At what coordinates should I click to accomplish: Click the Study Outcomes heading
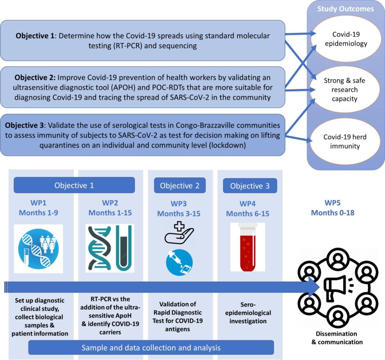tap(346, 9)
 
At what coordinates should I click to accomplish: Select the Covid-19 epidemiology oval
tap(346, 39)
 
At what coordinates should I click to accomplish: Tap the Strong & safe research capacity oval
tap(344, 89)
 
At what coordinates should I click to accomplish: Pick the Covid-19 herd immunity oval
tap(345, 141)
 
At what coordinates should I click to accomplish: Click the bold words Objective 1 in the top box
tap(35, 36)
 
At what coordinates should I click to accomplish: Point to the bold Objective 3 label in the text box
tap(24, 126)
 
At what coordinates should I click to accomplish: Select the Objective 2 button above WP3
tap(180, 186)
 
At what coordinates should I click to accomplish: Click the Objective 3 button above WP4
tap(250, 186)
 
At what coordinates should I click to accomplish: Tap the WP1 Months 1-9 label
tap(39, 207)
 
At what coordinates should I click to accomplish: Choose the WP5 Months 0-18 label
tap(333, 207)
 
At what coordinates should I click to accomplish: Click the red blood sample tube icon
tap(248, 247)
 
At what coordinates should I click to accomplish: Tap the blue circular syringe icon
tap(179, 262)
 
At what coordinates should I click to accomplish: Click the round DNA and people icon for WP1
tap(39, 249)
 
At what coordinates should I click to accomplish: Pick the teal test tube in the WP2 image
tap(123, 248)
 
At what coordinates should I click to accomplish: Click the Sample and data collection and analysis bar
tap(151, 348)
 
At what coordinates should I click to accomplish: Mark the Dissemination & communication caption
tap(337, 338)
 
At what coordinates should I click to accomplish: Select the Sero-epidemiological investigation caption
tap(248, 313)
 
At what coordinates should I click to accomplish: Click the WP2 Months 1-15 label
tap(110, 207)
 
